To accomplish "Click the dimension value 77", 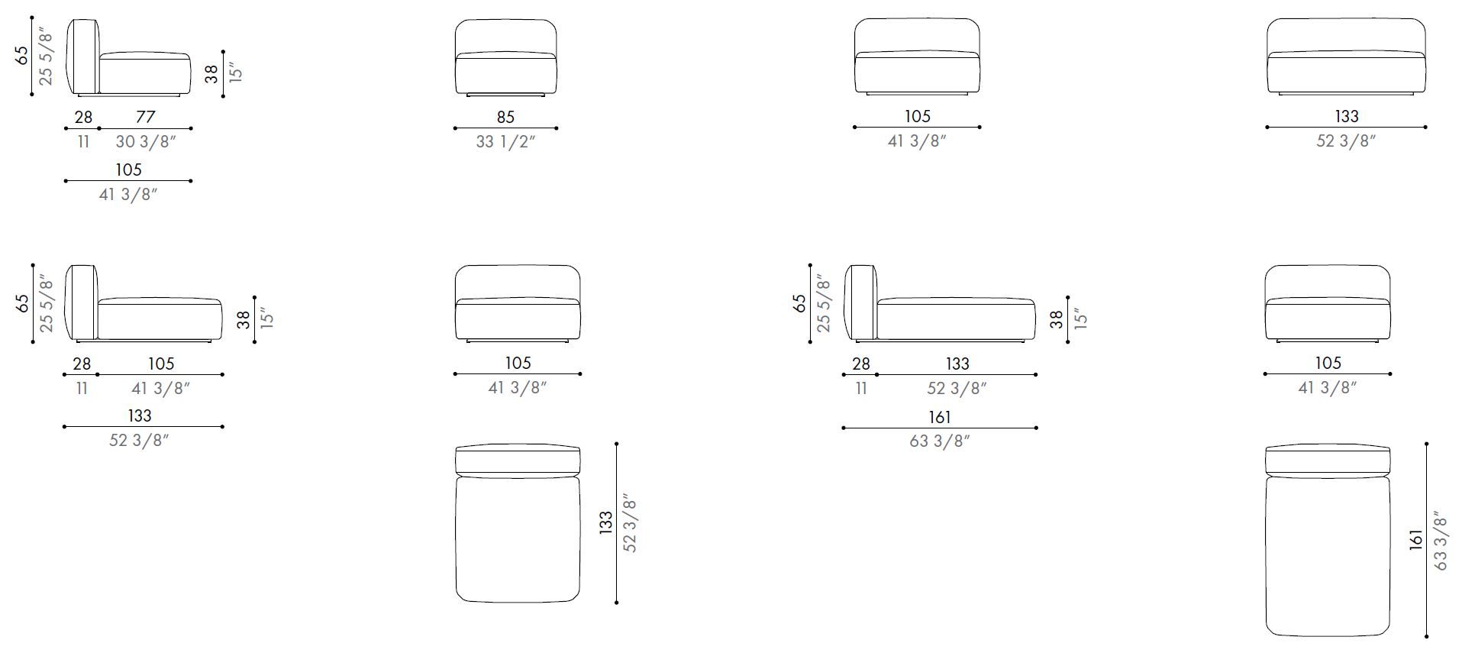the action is (x=145, y=117).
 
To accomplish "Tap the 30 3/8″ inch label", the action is (x=146, y=141).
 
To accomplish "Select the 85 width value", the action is (x=505, y=117).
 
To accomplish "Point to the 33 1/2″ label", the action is (x=505, y=141).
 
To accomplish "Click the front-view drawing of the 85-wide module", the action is (x=505, y=57).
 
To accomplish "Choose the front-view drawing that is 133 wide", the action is (x=1346, y=57).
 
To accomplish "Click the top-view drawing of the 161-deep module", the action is (x=1328, y=540).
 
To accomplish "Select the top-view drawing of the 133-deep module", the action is (x=518, y=523).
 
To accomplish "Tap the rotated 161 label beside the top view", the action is (x=1417, y=540).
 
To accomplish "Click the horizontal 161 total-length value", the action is (x=940, y=417).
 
